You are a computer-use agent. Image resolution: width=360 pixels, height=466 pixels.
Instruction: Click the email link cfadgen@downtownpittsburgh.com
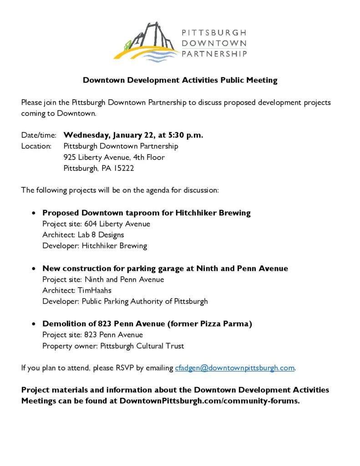(235, 368)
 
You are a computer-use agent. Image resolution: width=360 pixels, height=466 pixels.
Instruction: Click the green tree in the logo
(129, 45)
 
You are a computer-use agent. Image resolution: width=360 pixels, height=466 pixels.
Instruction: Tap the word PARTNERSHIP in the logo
(214, 54)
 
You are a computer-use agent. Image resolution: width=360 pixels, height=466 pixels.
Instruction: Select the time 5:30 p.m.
(185, 135)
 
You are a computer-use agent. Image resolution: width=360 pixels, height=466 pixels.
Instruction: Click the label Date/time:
(39, 135)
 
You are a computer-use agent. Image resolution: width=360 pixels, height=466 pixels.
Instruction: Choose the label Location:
(36, 146)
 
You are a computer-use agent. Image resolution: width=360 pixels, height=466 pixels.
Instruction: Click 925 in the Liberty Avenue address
(70, 157)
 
